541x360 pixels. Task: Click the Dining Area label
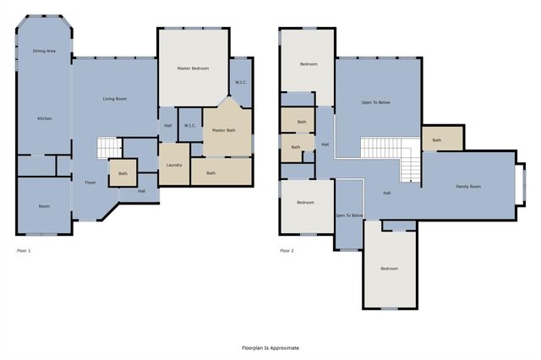click(x=44, y=52)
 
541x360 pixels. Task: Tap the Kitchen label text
click(x=44, y=118)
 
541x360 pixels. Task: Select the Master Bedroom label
click(x=193, y=68)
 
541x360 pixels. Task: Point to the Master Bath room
click(x=224, y=130)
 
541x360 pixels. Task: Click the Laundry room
click(x=174, y=165)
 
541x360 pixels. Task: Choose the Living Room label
click(x=115, y=99)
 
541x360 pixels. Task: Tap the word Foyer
click(x=90, y=182)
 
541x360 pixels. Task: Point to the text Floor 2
click(x=288, y=251)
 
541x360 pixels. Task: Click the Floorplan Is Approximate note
click(x=270, y=347)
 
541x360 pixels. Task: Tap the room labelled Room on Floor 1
click(x=44, y=206)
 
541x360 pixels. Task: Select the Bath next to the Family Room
click(x=436, y=140)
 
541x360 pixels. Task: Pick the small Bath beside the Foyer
click(x=123, y=174)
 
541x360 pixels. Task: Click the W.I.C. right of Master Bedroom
click(x=241, y=83)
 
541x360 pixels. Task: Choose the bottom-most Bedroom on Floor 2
click(x=389, y=269)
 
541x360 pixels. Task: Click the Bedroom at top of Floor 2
click(x=309, y=64)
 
